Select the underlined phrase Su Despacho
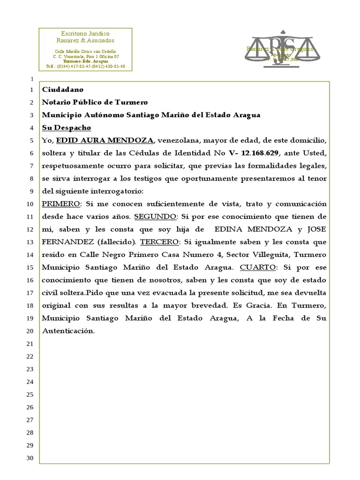pos(66,127)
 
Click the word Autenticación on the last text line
pos(68,330)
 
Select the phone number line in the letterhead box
pos(85,67)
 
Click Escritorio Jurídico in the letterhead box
pos(85,34)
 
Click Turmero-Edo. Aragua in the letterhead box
pos(85,61)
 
